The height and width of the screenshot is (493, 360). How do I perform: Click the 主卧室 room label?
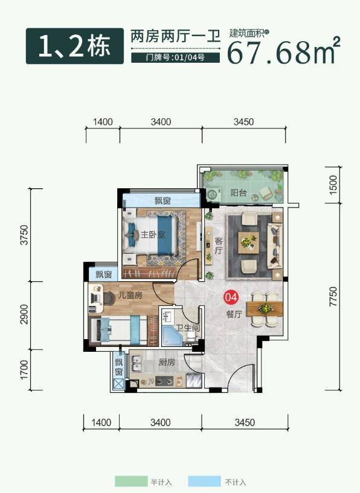click(153, 235)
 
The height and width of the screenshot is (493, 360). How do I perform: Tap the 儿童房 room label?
click(130, 295)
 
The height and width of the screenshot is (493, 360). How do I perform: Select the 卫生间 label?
click(188, 328)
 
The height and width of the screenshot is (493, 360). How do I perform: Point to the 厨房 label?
click(167, 362)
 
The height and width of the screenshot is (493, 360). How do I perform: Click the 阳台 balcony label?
click(238, 192)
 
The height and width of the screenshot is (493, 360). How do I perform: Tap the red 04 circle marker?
click(231, 297)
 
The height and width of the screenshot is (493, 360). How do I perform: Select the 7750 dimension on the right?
click(333, 296)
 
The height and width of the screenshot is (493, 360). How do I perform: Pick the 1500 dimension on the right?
click(333, 185)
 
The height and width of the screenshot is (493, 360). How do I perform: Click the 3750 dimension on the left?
click(24, 235)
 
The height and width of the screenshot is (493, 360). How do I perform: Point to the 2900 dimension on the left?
click(24, 314)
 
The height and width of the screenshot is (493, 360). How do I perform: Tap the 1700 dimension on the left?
click(24, 370)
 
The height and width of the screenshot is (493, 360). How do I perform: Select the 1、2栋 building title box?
click(75, 46)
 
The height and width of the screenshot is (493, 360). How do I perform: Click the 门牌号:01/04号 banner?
click(175, 58)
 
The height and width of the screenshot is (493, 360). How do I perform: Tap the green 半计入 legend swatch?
click(131, 481)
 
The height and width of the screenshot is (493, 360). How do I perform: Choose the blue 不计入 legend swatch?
click(205, 481)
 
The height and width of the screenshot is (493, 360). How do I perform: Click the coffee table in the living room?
click(249, 243)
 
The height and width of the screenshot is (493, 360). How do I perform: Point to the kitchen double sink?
click(137, 363)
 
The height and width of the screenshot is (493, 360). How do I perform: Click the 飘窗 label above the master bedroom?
click(162, 200)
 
